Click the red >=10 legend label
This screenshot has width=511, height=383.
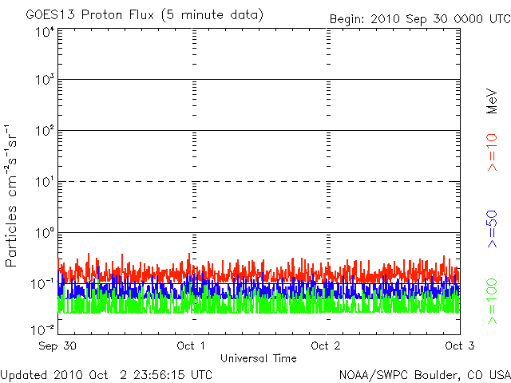(x=492, y=152)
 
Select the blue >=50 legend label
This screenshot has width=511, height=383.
(x=492, y=229)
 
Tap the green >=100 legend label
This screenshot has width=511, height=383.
(x=492, y=302)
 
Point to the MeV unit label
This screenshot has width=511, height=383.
(x=492, y=101)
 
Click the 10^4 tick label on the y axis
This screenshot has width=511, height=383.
(x=46, y=33)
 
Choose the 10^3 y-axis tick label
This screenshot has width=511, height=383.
(x=46, y=80)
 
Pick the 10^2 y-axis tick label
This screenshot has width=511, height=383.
(x=46, y=131)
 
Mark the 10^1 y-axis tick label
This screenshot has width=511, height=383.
(x=46, y=182)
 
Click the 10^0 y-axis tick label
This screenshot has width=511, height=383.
(x=46, y=233)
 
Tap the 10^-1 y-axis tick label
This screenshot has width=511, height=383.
(x=43, y=284)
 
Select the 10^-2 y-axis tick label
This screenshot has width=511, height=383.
(x=43, y=330)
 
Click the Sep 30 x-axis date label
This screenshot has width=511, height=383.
(x=57, y=345)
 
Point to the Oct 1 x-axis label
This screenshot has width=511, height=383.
(x=191, y=345)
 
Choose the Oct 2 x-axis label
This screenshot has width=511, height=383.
(x=326, y=345)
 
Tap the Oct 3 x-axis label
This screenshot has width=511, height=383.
(x=460, y=345)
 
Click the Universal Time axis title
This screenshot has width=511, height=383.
(x=259, y=358)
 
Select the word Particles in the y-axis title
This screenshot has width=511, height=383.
(x=10, y=236)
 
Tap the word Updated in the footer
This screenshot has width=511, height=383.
(x=25, y=375)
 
